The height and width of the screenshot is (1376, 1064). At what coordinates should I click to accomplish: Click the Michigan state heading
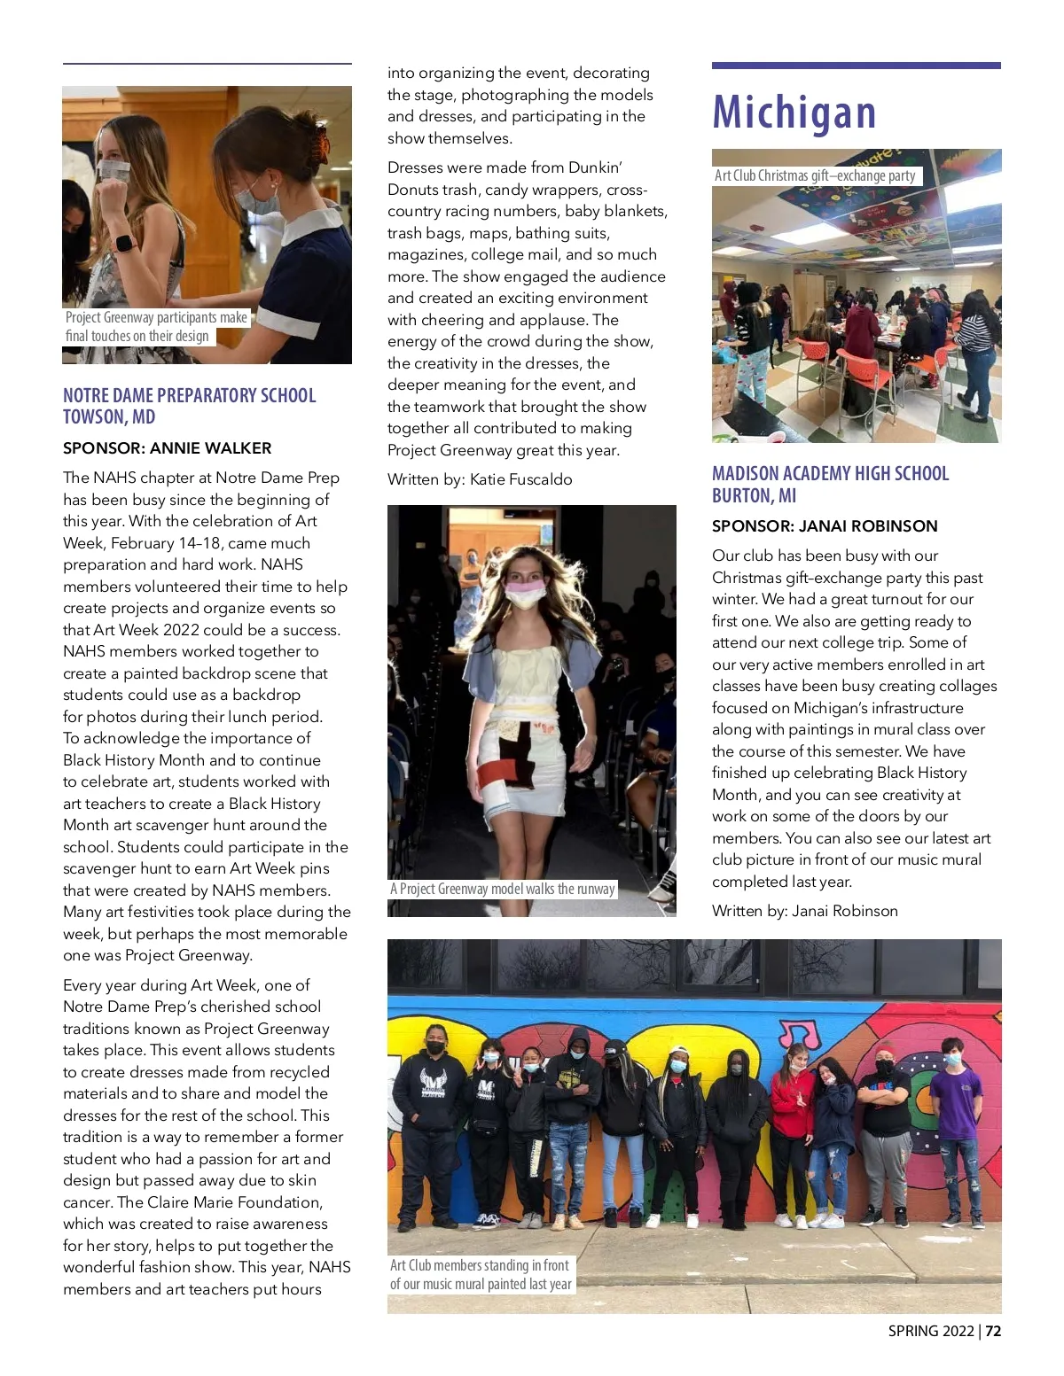(x=794, y=113)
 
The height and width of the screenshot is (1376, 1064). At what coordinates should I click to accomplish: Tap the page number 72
(x=993, y=1332)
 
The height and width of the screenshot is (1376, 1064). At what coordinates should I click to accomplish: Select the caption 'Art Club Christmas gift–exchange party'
(x=815, y=175)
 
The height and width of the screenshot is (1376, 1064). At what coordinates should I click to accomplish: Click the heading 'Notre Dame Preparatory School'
(x=189, y=395)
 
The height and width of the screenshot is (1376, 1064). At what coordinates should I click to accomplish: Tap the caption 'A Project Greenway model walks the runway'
(x=503, y=889)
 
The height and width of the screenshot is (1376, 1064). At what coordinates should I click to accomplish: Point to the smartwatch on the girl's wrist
(x=125, y=244)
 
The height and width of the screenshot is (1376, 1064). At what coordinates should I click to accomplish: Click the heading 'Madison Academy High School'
(x=830, y=473)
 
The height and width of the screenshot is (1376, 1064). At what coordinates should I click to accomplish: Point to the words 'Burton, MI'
(x=754, y=495)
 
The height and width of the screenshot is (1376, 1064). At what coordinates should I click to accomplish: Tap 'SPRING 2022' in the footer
(x=931, y=1332)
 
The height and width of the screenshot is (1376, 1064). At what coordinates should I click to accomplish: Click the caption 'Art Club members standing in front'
(x=480, y=1265)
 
